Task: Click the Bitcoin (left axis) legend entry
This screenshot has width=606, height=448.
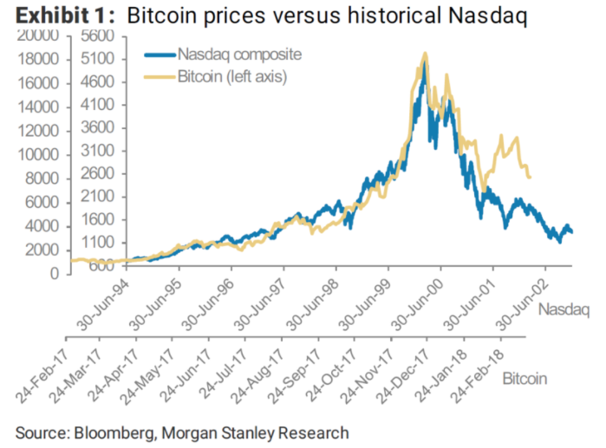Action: pos(231,77)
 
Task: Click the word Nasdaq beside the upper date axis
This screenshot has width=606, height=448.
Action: pos(564,309)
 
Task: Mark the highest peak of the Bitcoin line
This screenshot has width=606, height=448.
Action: pos(424,54)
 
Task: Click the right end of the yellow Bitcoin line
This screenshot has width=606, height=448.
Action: pos(530,178)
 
